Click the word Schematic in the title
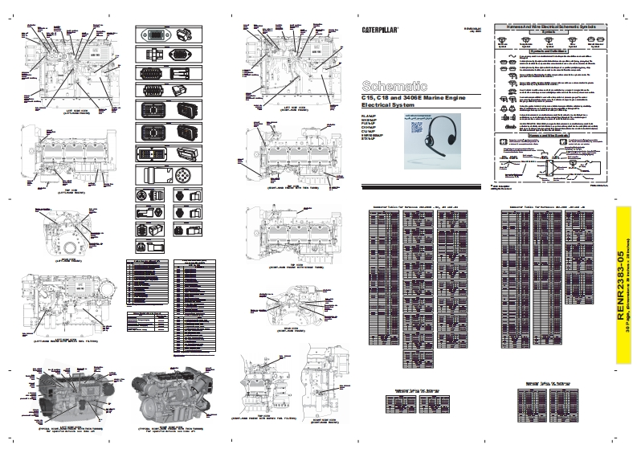click(390, 85)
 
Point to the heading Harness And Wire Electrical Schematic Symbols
click(549, 27)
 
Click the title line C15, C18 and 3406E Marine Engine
click(418, 97)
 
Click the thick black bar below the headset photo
click(419, 188)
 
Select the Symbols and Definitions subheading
click(549, 50)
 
